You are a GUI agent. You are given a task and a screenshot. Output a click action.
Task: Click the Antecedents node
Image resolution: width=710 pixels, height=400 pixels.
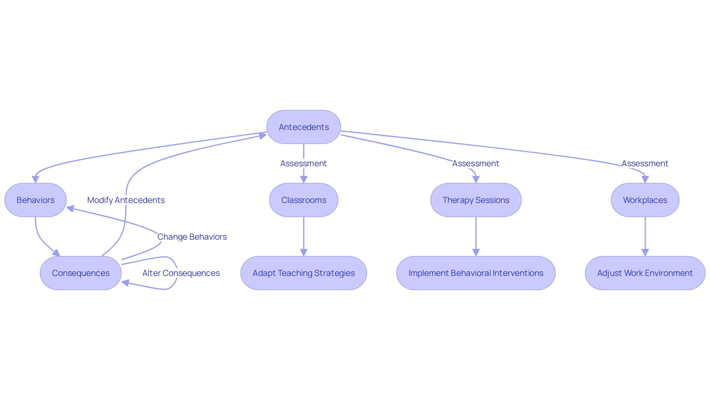tap(304, 127)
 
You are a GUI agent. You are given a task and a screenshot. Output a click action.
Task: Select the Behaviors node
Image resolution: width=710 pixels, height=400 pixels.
tap(35, 200)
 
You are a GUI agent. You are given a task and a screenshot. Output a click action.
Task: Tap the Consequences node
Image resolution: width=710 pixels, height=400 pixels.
tap(81, 273)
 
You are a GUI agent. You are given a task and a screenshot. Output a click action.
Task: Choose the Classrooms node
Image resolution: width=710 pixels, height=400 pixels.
tap(304, 200)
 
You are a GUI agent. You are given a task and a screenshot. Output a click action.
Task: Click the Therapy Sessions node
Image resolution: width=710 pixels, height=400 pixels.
tap(476, 200)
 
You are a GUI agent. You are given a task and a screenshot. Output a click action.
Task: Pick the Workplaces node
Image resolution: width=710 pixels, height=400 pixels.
tap(645, 200)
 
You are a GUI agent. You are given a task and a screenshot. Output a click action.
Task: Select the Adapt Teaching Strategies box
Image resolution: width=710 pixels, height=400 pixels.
tap(304, 273)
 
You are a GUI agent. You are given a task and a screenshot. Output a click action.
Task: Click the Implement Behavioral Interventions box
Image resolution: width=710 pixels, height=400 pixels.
tap(476, 273)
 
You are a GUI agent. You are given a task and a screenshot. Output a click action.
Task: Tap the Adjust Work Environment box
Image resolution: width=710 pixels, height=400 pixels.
tap(645, 273)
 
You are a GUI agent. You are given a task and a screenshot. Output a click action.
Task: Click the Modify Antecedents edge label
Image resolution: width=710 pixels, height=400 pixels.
tap(126, 200)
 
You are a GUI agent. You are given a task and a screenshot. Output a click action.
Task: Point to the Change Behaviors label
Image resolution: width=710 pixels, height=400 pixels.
tap(192, 237)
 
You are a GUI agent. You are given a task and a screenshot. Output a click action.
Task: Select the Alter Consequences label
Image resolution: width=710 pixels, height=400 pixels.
tap(181, 273)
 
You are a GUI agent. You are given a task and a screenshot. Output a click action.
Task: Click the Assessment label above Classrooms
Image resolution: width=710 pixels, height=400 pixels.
tap(304, 163)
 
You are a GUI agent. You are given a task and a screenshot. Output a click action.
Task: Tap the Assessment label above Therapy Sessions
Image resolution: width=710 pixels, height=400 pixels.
tap(476, 163)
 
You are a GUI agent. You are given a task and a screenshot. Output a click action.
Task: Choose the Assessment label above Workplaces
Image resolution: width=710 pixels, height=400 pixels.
tap(645, 163)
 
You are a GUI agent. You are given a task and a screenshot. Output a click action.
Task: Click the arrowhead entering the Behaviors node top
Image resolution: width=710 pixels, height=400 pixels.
tap(35, 179)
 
